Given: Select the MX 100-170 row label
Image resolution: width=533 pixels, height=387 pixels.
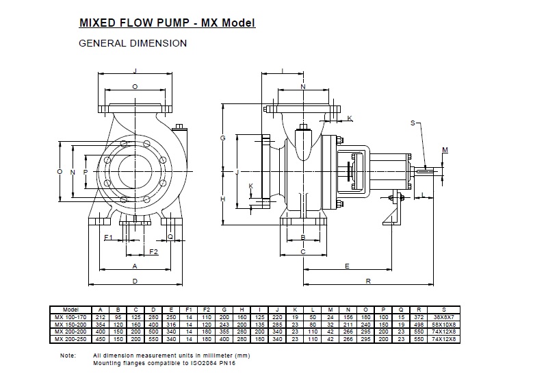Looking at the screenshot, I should [x=71, y=317].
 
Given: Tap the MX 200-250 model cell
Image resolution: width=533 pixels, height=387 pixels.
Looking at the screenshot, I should [x=71, y=338].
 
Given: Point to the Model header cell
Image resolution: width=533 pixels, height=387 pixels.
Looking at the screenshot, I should [x=71, y=310].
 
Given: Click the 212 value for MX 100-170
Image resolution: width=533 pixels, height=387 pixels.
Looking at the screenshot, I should [x=101, y=317].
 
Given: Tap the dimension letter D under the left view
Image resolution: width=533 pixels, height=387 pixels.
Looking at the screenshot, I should [x=135, y=281].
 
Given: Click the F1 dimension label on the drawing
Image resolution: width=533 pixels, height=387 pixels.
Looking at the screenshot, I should [x=108, y=236].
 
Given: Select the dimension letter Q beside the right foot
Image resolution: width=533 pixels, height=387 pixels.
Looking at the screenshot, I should [x=170, y=236].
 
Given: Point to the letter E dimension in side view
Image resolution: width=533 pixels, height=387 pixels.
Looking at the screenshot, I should [x=347, y=265].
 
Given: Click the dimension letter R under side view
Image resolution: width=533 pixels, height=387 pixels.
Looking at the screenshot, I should [x=368, y=281].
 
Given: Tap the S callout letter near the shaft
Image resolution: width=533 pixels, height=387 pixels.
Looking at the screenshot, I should [x=413, y=123].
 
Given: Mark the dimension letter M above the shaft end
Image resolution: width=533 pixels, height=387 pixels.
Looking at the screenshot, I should [x=445, y=149].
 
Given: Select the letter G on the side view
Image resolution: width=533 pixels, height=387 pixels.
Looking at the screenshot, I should [x=222, y=138].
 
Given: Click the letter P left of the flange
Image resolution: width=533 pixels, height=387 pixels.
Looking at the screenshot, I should [x=85, y=171].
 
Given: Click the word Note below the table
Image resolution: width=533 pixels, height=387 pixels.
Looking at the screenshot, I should [x=68, y=356].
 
